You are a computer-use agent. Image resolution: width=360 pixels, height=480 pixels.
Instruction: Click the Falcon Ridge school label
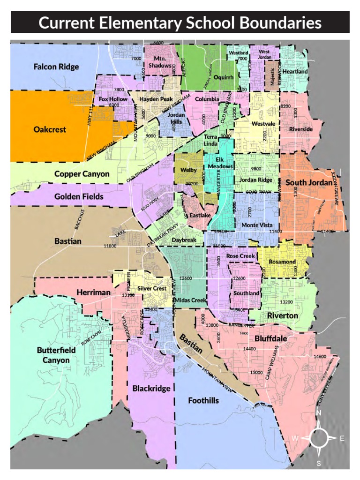(x=56, y=67)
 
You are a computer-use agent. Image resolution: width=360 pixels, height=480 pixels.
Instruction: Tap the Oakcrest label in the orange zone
(x=50, y=129)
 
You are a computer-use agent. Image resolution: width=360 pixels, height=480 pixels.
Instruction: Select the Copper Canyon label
(x=82, y=174)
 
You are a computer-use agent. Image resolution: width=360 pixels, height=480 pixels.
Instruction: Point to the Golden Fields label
(x=79, y=196)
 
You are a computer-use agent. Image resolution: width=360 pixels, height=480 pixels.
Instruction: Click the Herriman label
(x=93, y=292)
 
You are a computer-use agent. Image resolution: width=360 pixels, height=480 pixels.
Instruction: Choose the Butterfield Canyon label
(x=53, y=355)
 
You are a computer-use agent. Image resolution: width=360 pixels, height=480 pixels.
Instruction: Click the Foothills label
(x=203, y=400)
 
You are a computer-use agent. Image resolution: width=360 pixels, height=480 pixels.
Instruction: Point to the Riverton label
(x=282, y=316)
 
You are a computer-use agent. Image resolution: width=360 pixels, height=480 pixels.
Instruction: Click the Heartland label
(x=295, y=72)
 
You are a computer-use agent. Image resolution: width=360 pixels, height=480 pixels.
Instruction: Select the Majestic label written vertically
(x=271, y=76)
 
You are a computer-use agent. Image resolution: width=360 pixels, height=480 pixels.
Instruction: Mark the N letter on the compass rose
(x=318, y=413)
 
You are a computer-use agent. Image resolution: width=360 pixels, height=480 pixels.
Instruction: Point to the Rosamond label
(x=283, y=262)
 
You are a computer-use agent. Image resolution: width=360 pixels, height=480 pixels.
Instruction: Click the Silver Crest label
(x=152, y=289)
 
